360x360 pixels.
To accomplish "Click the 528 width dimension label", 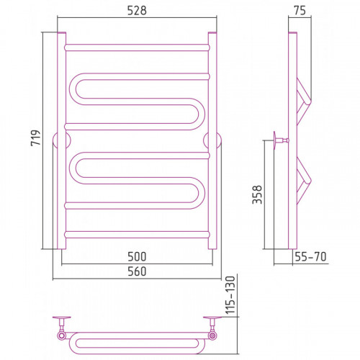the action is (137, 11).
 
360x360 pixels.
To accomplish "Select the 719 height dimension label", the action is (36, 138).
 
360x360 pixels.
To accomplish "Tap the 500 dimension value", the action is (137, 257).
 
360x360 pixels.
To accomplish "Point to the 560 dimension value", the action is (137, 271).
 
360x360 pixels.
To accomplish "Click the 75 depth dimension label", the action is (300, 11).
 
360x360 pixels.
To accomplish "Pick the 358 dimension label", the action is (257, 194).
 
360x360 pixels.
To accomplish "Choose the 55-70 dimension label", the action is (310, 257).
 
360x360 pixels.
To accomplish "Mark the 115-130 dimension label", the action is (230, 295).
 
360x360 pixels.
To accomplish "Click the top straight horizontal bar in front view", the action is (137, 48).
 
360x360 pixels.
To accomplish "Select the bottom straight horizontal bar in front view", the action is (137, 235).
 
